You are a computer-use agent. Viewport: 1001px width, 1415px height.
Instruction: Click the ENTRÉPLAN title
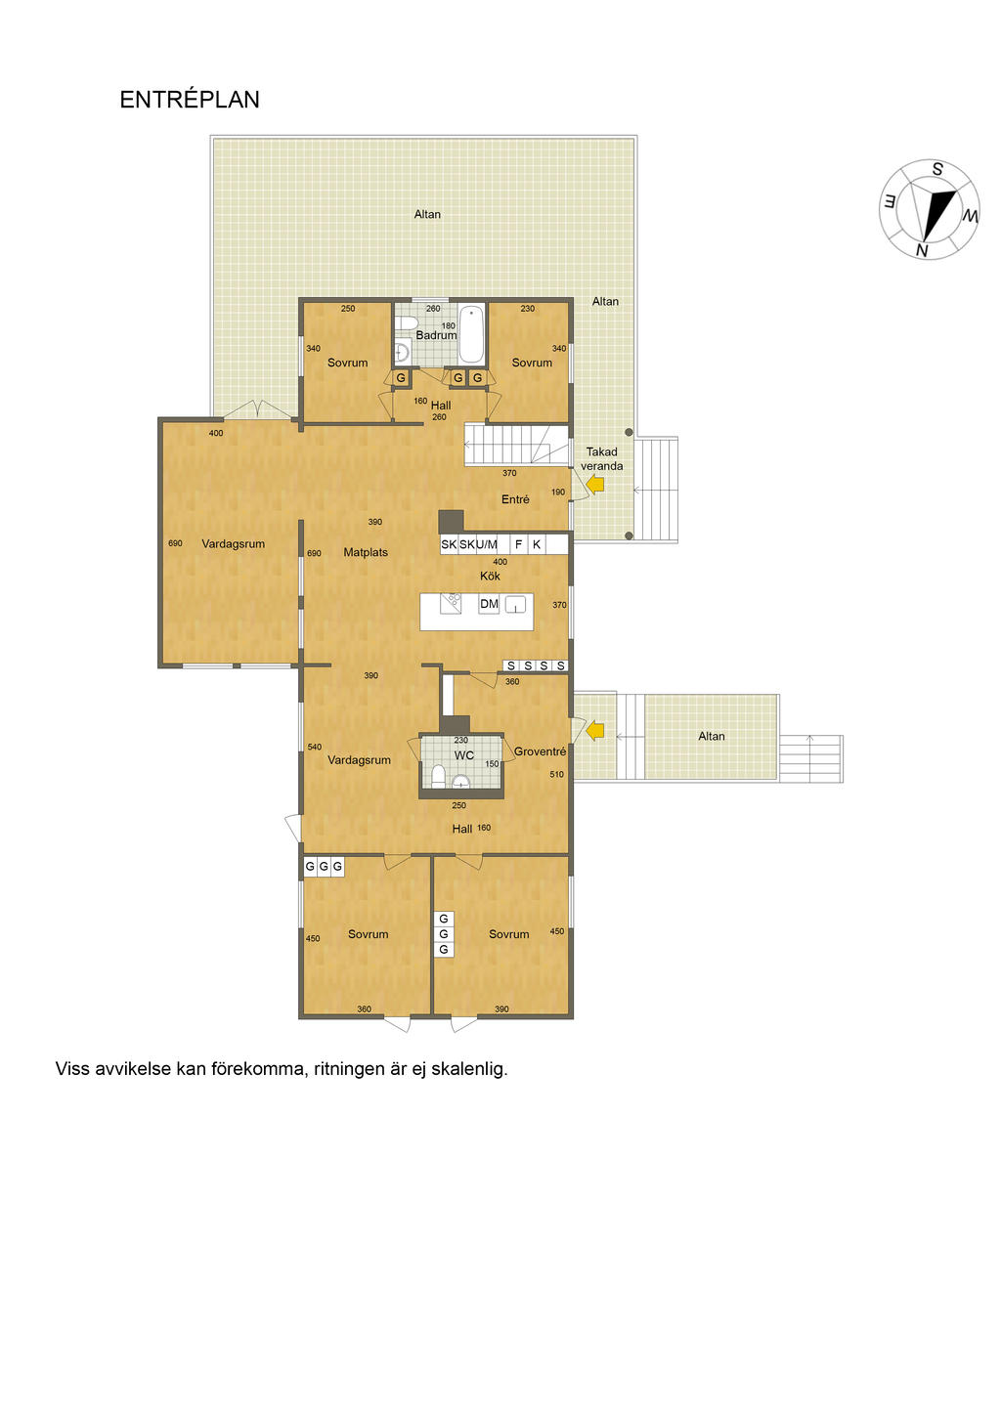pos(190,100)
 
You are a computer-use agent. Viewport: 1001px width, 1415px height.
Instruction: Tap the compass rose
pos(929,210)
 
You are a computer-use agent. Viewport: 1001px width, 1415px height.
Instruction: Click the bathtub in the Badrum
pos(471,334)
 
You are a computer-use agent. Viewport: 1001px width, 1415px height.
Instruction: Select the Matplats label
pos(366,552)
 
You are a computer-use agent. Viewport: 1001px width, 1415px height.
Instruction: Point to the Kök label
pos(490,576)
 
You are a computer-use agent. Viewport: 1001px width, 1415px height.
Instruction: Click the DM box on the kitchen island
pos(489,604)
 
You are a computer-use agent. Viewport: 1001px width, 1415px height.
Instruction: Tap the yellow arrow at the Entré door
pos(595,484)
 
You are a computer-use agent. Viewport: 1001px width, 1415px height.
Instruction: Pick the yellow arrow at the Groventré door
pos(595,730)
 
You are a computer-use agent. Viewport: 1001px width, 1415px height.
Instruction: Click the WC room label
pos(464,755)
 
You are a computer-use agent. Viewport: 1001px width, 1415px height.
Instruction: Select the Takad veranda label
pos(601,458)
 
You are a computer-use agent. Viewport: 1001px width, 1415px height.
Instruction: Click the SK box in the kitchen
pos(449,544)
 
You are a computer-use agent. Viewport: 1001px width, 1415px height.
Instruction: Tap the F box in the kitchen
pos(519,544)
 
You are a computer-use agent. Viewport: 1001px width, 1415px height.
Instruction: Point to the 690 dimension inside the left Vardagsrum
pos(175,543)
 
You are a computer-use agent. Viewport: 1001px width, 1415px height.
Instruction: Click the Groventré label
pos(540,751)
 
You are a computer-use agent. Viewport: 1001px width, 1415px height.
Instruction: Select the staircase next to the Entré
pos(516,444)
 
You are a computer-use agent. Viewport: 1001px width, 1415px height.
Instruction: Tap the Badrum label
pos(436,335)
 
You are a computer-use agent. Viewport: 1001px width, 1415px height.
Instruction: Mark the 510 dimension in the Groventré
pos(556,775)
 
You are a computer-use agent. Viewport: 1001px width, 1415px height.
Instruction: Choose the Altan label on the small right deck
pos(711,736)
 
